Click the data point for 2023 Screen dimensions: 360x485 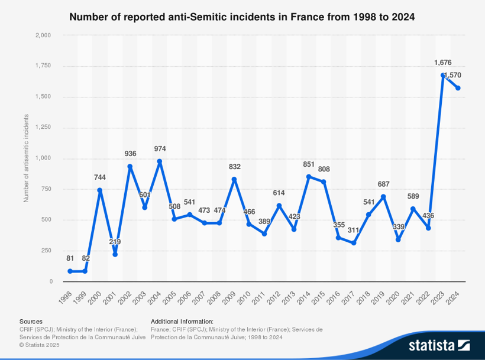[x=442, y=75]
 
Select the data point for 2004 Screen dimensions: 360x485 [x=160, y=161]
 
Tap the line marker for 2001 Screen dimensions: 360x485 [x=115, y=254]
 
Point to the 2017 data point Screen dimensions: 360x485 [x=354, y=243]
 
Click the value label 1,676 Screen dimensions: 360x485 [x=444, y=63]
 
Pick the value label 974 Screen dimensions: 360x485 [x=160, y=148]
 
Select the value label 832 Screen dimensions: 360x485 [x=235, y=167]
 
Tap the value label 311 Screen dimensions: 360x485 [x=354, y=230]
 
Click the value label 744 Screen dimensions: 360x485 [x=100, y=177]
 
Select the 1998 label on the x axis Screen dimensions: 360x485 [x=66, y=296]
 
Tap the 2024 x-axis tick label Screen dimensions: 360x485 [x=454, y=296]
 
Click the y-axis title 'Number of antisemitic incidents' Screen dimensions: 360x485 [x=26, y=158]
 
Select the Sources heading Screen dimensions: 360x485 [x=31, y=321]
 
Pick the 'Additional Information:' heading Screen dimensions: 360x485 [x=182, y=321]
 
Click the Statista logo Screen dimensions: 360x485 [x=439, y=345]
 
